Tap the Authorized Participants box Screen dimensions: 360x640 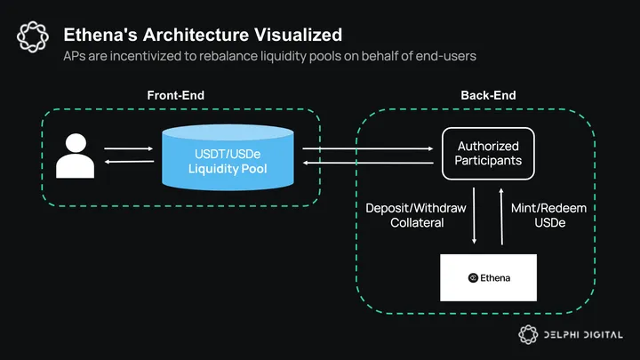tap(487, 153)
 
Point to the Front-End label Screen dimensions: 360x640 tap(177, 95)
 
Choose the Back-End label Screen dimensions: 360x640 tap(488, 95)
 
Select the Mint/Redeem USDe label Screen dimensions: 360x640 tap(549, 215)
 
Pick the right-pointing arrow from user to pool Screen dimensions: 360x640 tap(124, 148)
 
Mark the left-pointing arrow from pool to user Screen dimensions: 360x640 tap(124, 162)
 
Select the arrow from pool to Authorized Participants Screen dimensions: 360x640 tap(368, 148)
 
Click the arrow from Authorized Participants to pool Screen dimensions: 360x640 tap(368, 162)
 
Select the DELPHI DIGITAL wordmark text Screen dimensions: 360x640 tap(585, 335)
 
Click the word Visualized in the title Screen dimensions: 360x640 tap(298, 36)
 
